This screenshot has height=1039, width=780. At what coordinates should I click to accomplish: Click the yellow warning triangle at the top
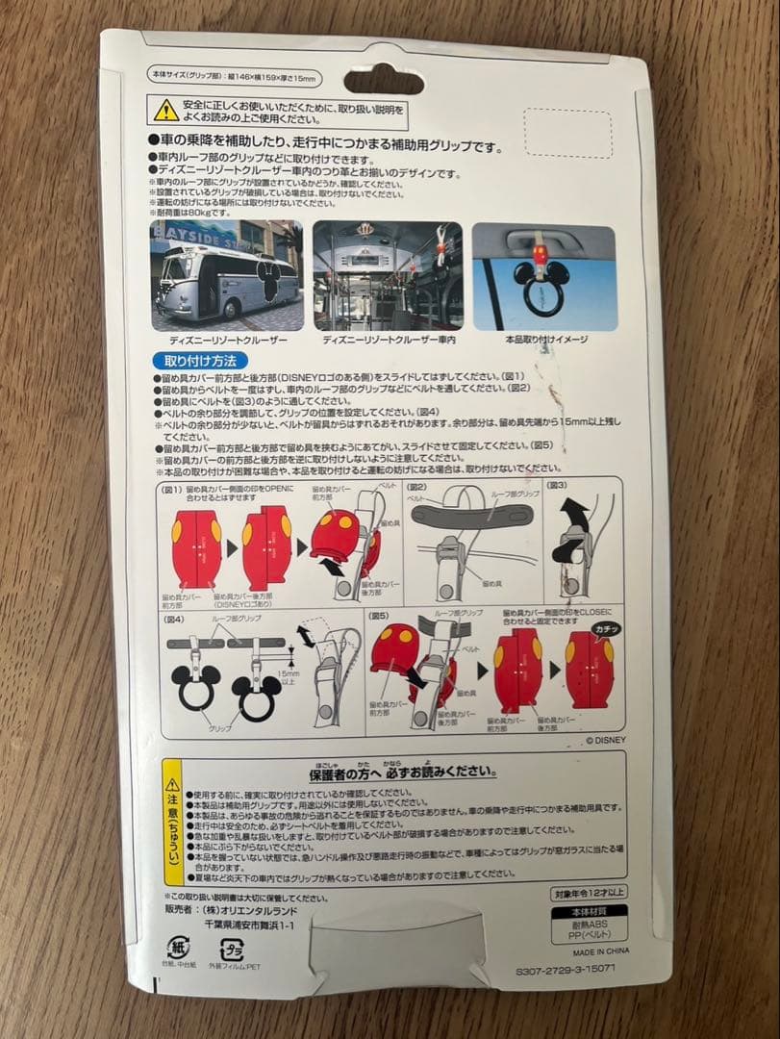coord(165,110)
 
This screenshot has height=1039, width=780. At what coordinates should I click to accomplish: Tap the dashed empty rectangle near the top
coord(567,134)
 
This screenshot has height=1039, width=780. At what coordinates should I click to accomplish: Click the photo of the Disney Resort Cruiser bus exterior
coord(226,275)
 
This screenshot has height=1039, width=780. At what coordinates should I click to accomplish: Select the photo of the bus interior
coord(389,275)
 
